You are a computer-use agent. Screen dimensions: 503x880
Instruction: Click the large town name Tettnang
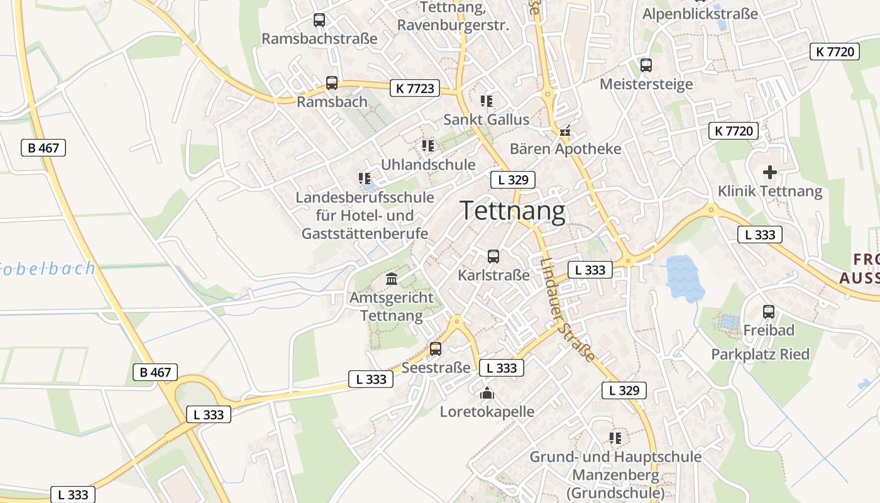pos(513,211)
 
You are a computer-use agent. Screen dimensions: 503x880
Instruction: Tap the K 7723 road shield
pos(415,88)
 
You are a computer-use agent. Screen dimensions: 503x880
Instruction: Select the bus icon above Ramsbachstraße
pos(319,20)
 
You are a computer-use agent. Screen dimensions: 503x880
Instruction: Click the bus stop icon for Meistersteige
pos(646,65)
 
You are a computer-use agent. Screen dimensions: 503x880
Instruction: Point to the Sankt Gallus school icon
pos(486,101)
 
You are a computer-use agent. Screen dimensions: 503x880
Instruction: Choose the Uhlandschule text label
pos(428,165)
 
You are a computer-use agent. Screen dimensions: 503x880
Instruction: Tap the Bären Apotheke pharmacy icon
pos(565,131)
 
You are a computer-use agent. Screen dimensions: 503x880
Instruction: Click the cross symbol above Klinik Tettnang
pos(769,172)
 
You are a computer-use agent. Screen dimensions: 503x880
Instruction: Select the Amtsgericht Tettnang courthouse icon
pos(392,279)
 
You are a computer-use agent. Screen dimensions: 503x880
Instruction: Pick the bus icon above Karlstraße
pos(493,257)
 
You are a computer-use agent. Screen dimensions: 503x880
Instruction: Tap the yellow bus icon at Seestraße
pos(436,348)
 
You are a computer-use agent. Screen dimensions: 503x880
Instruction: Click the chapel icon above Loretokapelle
pos(487,394)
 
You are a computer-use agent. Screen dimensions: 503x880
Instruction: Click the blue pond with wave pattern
pos(685,277)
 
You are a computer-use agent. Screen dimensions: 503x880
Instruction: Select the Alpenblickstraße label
pos(700,13)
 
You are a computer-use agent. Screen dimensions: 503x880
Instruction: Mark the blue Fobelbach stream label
pos(48,269)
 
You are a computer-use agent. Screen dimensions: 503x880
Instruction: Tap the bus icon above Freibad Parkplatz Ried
pos(768,311)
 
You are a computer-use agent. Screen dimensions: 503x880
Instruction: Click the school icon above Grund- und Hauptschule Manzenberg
pos(615,438)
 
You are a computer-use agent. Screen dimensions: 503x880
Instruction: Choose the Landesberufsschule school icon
pos(365,179)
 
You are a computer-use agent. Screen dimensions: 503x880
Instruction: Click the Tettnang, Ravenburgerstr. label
pos(453,17)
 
